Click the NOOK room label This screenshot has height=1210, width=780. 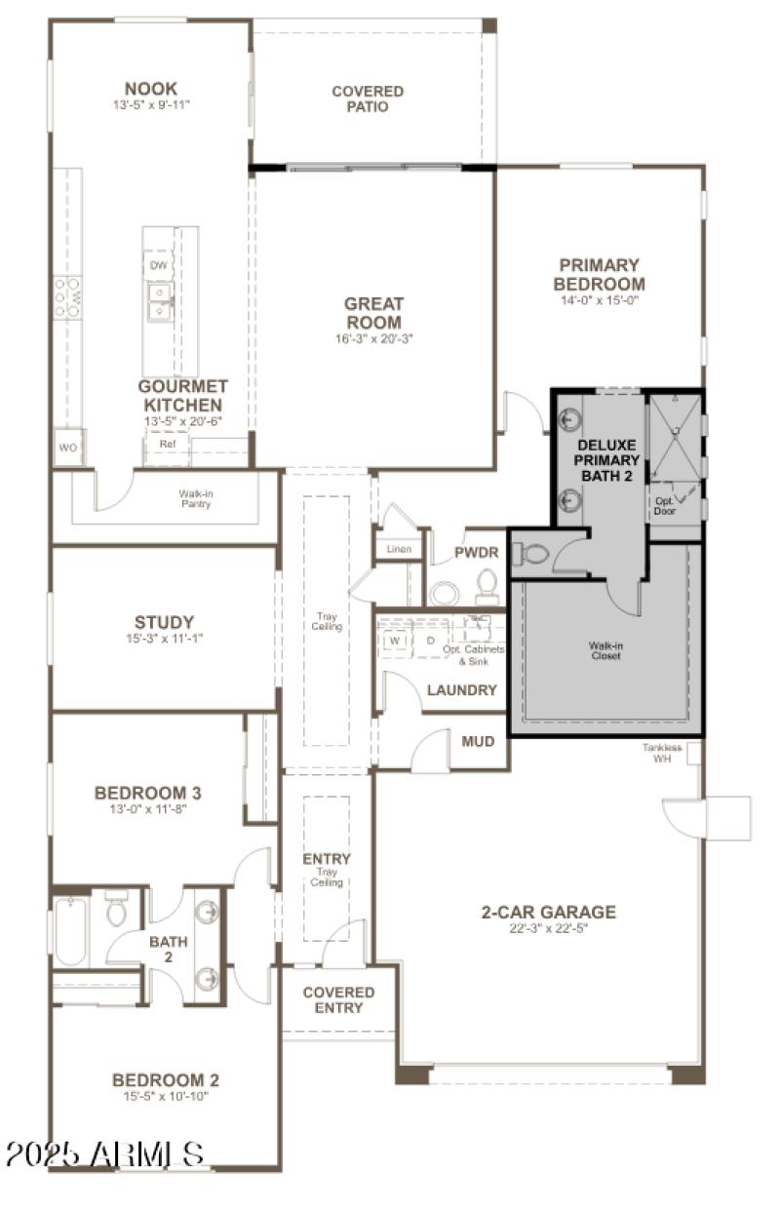(x=150, y=89)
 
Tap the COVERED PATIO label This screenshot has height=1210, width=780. (x=368, y=98)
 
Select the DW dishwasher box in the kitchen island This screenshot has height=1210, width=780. (x=158, y=265)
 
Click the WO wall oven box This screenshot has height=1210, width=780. (x=68, y=448)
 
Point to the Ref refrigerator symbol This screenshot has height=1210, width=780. (x=168, y=444)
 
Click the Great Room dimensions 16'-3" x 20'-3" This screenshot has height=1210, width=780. (x=373, y=339)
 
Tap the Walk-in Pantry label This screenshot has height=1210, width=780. (x=198, y=498)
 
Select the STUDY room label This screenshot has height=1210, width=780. (x=164, y=622)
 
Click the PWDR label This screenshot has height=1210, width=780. (x=478, y=553)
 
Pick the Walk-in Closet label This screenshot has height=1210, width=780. (x=604, y=649)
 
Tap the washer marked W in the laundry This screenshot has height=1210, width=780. (x=395, y=641)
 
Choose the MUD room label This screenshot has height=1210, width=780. (x=478, y=742)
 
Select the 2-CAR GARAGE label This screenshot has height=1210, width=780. (x=548, y=913)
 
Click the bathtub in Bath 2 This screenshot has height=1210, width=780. (x=70, y=929)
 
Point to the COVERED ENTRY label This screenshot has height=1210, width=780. (x=338, y=999)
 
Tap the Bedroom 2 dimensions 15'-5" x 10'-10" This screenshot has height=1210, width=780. (x=166, y=1096)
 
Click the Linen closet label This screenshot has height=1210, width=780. (x=399, y=549)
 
